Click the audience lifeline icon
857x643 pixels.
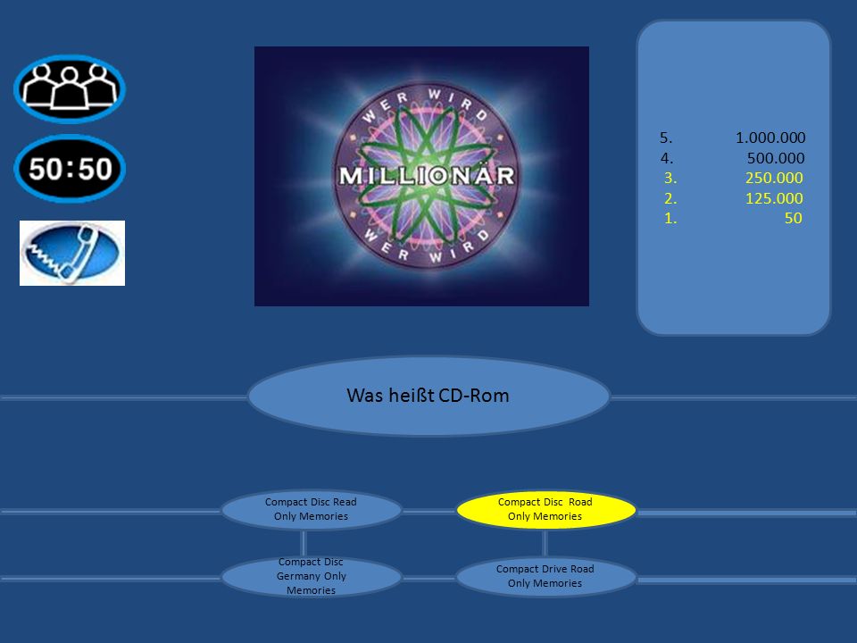tap(70, 88)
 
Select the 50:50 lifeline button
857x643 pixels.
tap(70, 169)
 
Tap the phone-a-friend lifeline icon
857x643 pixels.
tap(72, 253)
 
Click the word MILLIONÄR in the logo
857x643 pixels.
tap(427, 176)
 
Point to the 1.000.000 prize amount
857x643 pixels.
tap(770, 138)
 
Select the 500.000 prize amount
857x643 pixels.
tap(776, 158)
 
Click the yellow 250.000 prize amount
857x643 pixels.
tap(774, 179)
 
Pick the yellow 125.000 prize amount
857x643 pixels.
tap(774, 198)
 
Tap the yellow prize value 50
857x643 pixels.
tap(793, 218)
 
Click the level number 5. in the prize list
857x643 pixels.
tap(666, 138)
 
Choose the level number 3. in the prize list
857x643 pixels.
tap(670, 179)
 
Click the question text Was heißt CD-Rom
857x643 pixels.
tap(428, 396)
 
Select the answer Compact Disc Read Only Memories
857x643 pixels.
tap(311, 509)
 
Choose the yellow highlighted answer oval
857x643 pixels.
tap(545, 509)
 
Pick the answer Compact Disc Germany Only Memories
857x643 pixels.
tap(311, 576)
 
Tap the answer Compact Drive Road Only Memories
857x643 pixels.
tap(545, 576)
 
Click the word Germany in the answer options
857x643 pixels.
tap(298, 576)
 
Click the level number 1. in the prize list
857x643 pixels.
tap(670, 218)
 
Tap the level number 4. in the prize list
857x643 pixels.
tap(666, 158)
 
